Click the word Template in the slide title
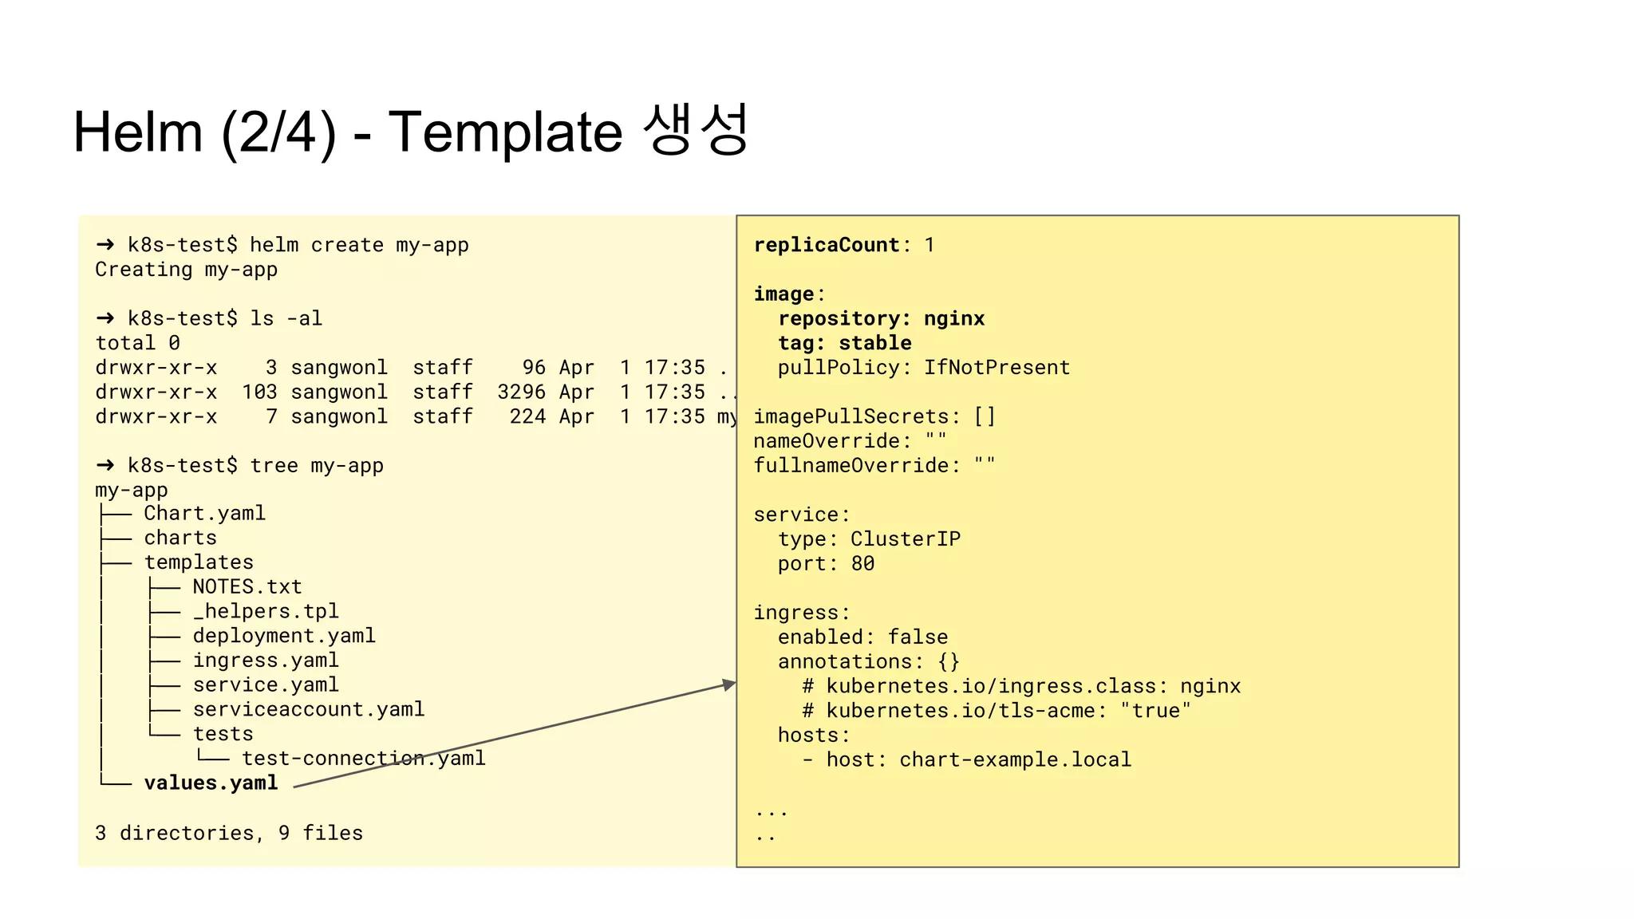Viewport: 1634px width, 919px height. (x=505, y=132)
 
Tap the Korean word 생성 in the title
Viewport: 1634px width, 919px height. (x=696, y=129)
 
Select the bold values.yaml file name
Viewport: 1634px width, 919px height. (x=211, y=783)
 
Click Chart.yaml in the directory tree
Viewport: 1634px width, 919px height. (x=204, y=513)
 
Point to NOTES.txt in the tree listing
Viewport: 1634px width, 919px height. (x=247, y=586)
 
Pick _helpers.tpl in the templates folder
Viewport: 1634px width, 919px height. (x=266, y=611)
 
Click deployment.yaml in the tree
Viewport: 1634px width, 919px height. (x=284, y=636)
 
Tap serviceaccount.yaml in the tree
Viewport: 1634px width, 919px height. (x=309, y=709)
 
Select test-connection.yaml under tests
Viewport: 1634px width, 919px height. (x=364, y=758)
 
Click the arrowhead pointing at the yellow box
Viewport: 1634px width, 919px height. (x=729, y=684)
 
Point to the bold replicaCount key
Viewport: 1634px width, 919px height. (x=827, y=245)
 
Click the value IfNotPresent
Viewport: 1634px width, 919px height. (x=997, y=368)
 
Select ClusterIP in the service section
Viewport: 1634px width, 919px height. (x=906, y=539)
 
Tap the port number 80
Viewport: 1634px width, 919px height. (x=862, y=564)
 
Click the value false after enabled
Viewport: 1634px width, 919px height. (x=918, y=637)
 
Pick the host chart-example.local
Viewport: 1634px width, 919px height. (x=1015, y=759)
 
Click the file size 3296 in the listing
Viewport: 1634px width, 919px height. (x=521, y=392)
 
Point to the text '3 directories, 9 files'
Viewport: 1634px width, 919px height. (x=229, y=833)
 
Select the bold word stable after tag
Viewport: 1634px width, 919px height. (x=875, y=343)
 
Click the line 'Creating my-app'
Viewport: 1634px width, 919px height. (x=187, y=270)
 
